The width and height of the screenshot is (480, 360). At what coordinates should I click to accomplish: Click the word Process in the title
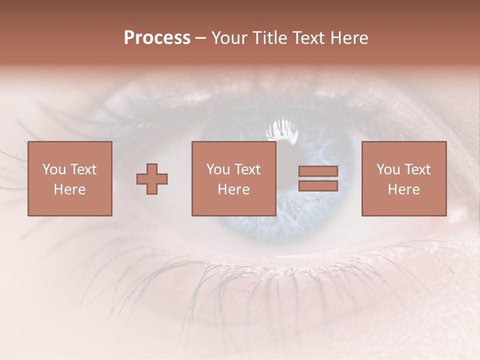(x=157, y=38)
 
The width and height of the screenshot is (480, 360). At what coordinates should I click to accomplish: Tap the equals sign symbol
(x=318, y=178)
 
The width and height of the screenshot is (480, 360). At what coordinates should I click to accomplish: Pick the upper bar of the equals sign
(x=318, y=171)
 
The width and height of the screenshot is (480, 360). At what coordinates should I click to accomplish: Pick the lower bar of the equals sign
(x=318, y=186)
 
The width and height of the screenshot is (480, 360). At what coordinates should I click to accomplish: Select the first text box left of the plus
(x=69, y=178)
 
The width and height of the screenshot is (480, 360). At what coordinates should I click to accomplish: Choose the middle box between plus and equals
(x=233, y=178)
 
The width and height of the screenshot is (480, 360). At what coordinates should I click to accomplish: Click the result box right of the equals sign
(x=403, y=178)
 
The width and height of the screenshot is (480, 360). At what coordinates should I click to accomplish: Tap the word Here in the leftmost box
(x=69, y=189)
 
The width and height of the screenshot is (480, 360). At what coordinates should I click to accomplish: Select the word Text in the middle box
(x=247, y=169)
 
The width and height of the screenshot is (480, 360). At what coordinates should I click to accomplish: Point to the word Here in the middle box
(x=233, y=189)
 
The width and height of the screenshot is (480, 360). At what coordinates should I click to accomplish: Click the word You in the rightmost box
(x=388, y=169)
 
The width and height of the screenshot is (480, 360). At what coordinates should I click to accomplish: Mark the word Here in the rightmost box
(x=403, y=189)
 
